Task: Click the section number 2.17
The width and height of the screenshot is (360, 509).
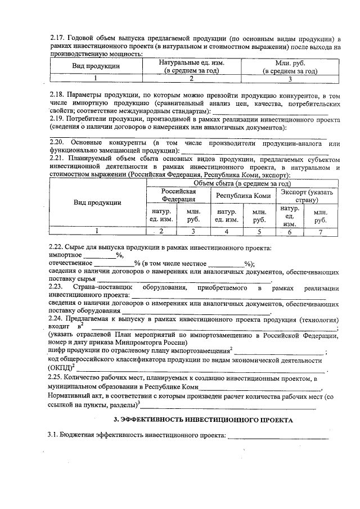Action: (x=58, y=38)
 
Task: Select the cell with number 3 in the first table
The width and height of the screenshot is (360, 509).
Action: (x=290, y=79)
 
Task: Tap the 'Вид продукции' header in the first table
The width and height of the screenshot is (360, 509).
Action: (x=95, y=66)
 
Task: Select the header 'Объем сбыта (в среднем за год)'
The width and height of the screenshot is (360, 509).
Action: (x=241, y=183)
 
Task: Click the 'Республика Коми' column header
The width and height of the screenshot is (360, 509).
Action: (x=242, y=196)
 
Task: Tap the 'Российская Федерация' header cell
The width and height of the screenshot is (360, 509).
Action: (x=178, y=196)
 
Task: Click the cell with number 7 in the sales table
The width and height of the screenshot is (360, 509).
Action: (x=321, y=231)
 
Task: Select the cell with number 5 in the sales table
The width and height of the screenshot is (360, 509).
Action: (x=259, y=231)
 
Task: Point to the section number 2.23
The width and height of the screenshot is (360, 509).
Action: (x=58, y=288)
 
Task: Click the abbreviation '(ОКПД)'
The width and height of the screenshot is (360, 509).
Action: (x=61, y=368)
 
